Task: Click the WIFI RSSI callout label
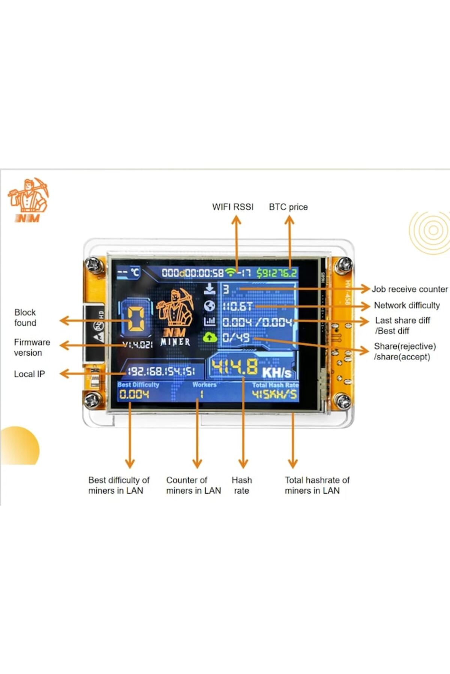click(x=232, y=207)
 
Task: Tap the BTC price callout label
click(x=288, y=207)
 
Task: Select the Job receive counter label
click(x=409, y=289)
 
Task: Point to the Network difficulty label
click(x=406, y=305)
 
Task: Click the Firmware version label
click(x=31, y=347)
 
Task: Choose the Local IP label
click(x=29, y=374)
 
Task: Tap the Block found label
click(x=25, y=317)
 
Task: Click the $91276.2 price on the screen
click(x=277, y=273)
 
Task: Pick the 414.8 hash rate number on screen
click(x=234, y=367)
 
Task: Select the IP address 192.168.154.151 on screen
click(x=161, y=371)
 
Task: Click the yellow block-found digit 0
click(x=136, y=319)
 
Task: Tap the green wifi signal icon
click(x=231, y=272)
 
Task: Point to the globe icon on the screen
click(x=209, y=306)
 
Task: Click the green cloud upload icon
click(x=210, y=337)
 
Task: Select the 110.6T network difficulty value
click(x=238, y=306)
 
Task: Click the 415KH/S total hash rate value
click(x=274, y=394)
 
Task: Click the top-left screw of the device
click(x=92, y=265)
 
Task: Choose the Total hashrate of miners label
click(x=317, y=485)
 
